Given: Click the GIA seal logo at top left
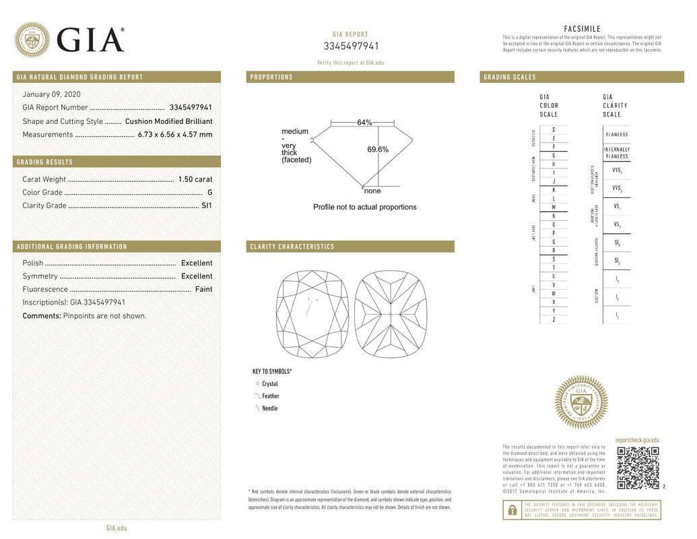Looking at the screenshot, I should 32,40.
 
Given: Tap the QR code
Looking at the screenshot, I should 638,468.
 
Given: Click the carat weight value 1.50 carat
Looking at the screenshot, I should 195,179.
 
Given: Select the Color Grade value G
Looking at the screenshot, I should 210,193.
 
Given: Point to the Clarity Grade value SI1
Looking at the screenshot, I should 207,205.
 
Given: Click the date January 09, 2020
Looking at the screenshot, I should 51,94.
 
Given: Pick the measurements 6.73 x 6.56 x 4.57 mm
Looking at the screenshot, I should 175,135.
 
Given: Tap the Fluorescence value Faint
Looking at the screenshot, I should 203,289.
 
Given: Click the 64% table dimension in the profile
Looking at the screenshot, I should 364,123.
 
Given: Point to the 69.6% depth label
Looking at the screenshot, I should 378,150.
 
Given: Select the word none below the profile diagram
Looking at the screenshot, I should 372,191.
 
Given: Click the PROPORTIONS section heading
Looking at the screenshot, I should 271,77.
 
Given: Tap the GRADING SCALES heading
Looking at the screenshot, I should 510,77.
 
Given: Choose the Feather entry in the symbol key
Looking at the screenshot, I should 270,396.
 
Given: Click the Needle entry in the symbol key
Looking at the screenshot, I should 269,408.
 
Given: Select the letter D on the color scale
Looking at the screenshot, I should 554,129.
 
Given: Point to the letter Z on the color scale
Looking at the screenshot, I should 554,319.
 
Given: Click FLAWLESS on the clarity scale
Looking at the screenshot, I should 616,134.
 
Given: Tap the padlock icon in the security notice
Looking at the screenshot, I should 512,510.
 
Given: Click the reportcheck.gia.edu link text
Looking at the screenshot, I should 637,440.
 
